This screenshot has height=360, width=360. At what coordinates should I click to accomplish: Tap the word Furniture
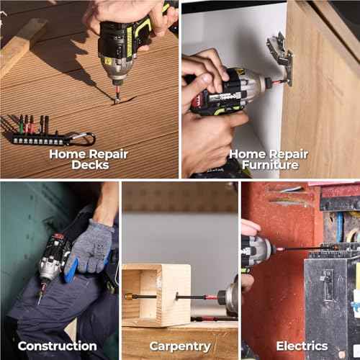[x=269, y=165]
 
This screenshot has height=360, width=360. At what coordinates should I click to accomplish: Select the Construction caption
[x=57, y=346]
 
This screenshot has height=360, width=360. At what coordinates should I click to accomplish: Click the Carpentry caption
[x=179, y=346]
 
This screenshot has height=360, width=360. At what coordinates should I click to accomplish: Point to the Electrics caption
[x=302, y=346]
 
